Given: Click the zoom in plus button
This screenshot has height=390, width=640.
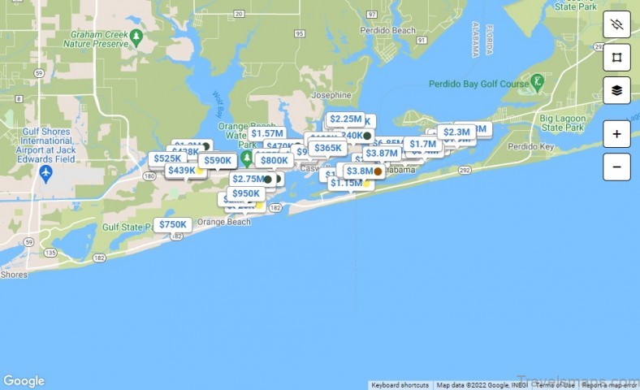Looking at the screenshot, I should tap(616, 134).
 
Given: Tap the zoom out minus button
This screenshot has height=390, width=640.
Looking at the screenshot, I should tap(616, 167).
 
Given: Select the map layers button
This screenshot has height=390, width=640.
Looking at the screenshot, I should tap(616, 90).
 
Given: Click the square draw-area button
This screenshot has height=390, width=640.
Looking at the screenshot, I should tap(616, 57).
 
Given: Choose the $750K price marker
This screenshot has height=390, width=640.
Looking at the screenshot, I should tap(172, 224).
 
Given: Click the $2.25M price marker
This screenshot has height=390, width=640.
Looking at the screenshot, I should tap(346, 119).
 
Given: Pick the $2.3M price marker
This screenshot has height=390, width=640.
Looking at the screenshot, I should tap(456, 132).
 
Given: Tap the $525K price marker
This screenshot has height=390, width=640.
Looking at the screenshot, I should tap(166, 158).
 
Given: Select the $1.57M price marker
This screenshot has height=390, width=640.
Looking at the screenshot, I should tap(266, 133).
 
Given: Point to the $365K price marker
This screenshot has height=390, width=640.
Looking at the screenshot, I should tap(327, 148).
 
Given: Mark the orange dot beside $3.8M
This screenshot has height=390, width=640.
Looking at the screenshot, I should tap(378, 171).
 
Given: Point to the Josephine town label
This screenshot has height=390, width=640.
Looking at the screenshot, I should tap(331, 95).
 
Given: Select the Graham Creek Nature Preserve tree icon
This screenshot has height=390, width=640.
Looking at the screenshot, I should tap(137, 37).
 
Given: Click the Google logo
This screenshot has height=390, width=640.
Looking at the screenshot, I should tap(24, 381).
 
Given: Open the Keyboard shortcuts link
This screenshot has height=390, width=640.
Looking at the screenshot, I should tap(400, 385).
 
